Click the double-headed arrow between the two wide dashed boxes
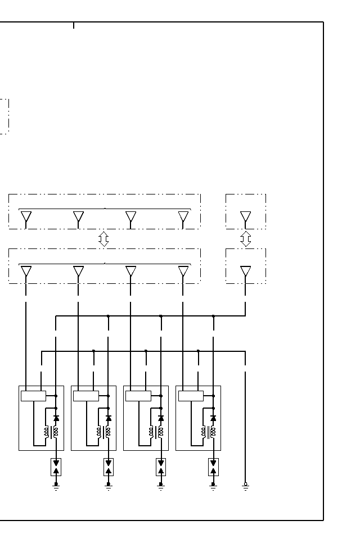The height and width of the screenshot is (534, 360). tap(103, 239)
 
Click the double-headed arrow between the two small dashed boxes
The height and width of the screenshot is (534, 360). tap(245, 239)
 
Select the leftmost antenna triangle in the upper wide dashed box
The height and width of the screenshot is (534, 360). tap(26, 218)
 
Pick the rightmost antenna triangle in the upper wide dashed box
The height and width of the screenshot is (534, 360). tap(183, 218)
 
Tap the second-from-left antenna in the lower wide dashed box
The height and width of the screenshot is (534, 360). tap(78, 272)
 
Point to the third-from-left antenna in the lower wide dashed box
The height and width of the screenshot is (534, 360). tap(130, 272)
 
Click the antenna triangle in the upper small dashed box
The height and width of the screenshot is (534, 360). tap(245, 218)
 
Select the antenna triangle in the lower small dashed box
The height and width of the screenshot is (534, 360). tap(245, 272)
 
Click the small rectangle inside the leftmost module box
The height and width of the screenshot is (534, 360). tap(33, 396)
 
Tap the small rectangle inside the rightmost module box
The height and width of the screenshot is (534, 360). tap(191, 396)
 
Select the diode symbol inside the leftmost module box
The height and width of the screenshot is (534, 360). tap(56, 419)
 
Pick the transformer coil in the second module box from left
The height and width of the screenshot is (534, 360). tap(104, 432)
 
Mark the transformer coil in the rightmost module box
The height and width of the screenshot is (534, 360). tap(209, 432)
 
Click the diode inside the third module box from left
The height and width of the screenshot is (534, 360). tap(161, 419)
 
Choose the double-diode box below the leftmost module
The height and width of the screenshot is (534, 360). tap(56, 467)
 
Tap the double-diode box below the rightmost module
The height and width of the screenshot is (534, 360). tap(213, 467)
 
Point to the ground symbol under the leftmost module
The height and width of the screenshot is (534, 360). tap(56, 486)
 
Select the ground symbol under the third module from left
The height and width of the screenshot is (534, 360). tap(161, 486)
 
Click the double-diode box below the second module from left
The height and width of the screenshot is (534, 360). tap(109, 467)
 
